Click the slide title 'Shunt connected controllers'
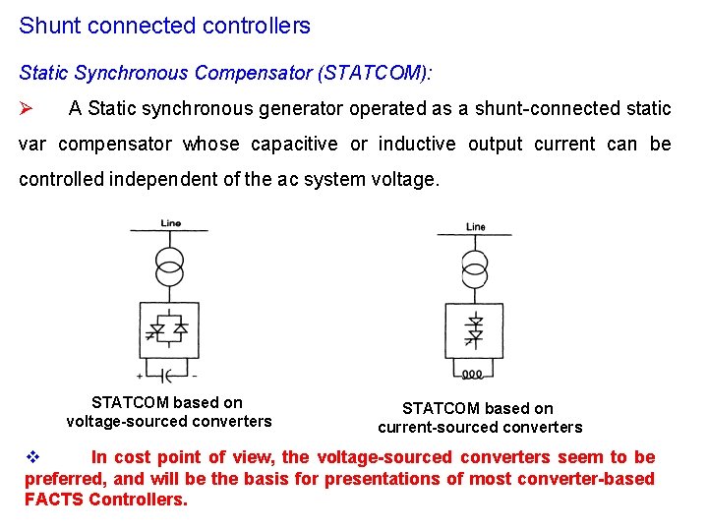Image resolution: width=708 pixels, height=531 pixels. (164, 26)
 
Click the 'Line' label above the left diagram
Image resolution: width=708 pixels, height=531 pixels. (170, 223)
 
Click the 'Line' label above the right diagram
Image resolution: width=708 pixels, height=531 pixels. (476, 227)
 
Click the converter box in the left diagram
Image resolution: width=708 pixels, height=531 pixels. (170, 330)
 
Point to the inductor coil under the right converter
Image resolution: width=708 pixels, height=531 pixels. (473, 375)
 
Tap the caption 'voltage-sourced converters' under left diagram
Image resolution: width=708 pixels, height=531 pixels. (168, 422)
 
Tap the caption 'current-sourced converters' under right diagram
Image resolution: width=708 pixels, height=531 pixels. (480, 428)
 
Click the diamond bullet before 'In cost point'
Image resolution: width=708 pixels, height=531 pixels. (30, 457)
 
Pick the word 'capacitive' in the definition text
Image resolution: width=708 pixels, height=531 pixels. (294, 145)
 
